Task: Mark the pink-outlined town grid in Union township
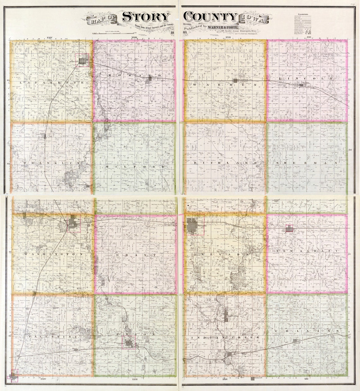pos(129,342)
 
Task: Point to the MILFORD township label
pos(135,166)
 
